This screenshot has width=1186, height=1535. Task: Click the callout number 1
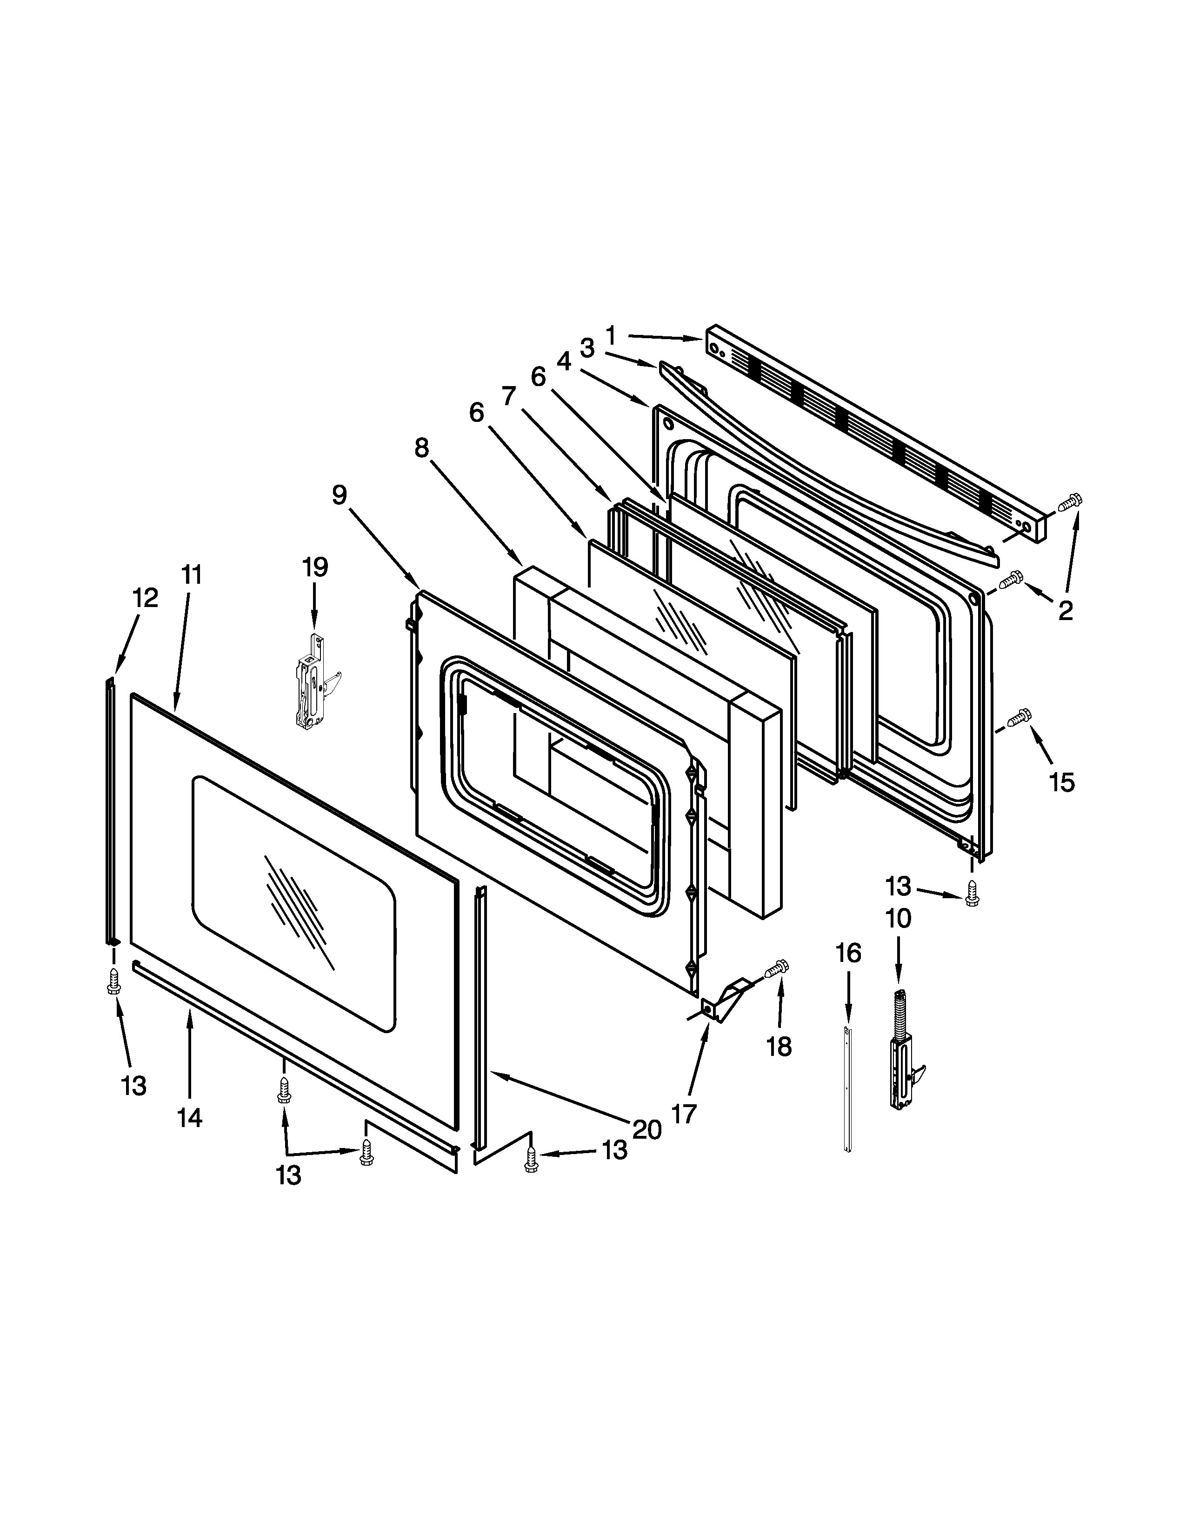[x=611, y=336]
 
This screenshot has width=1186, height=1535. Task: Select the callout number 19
[x=315, y=567]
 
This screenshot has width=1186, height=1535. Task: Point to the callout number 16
[x=848, y=954]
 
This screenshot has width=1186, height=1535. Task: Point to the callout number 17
[x=684, y=1113]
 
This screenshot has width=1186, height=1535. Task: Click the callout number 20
[x=646, y=1129]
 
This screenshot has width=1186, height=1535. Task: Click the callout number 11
[x=192, y=575]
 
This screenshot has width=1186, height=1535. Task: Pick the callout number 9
[x=340, y=495]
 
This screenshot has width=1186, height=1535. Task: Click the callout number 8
[x=421, y=447]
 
